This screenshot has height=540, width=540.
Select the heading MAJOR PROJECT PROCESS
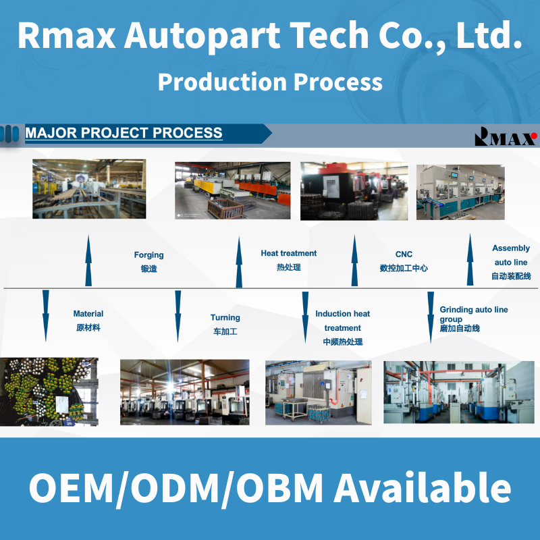[x=124, y=133]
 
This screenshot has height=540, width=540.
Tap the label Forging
[x=148, y=255]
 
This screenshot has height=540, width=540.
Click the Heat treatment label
[x=288, y=253]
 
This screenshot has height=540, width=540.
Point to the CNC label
[x=404, y=254]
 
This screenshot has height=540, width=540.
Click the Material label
[x=88, y=314]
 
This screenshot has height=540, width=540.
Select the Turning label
[x=225, y=317]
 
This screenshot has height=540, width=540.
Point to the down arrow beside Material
[x=45, y=315]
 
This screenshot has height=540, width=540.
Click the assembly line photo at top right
[x=460, y=192]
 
